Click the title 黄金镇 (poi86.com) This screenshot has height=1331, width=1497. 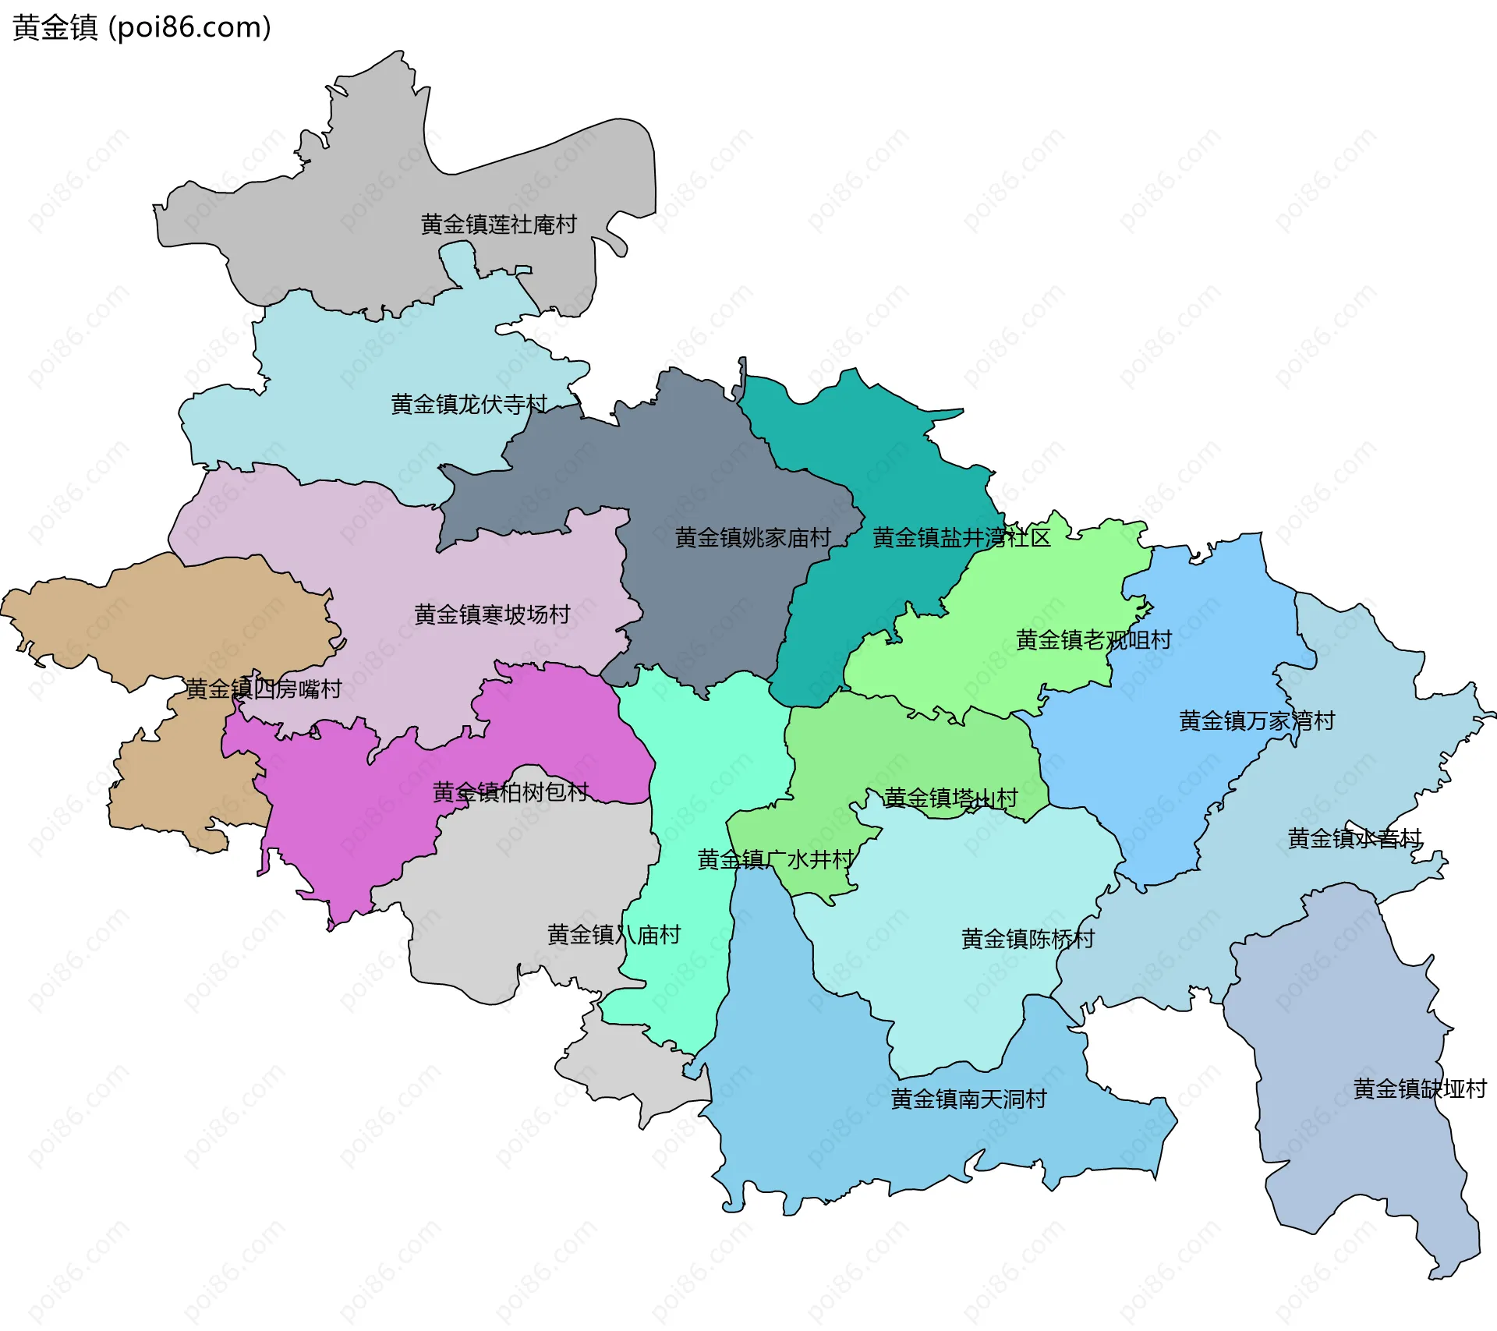pyautogui.click(x=142, y=27)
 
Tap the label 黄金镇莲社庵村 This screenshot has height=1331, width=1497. pyautogui.click(x=498, y=225)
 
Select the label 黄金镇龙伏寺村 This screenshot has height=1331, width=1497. pyautogui.click(x=469, y=404)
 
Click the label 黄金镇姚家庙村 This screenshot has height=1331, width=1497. pyautogui.click(x=752, y=537)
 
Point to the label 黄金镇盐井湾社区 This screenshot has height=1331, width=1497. pyautogui.click(x=961, y=537)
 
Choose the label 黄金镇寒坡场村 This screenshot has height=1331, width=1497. pyautogui.click(x=492, y=614)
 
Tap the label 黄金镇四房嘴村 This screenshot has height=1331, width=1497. pyautogui.click(x=264, y=689)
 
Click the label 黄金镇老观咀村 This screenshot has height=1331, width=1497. pyautogui.click(x=1093, y=639)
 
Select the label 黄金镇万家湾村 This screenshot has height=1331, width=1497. pyautogui.click(x=1256, y=720)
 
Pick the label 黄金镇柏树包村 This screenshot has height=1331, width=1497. pyautogui.click(x=511, y=791)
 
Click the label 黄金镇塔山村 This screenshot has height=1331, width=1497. pyautogui.click(x=950, y=798)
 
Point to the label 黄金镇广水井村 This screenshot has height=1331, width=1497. pyautogui.click(x=776, y=859)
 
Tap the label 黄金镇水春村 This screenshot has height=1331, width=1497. pyautogui.click(x=1354, y=838)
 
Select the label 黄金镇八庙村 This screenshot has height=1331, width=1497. pyautogui.click(x=614, y=934)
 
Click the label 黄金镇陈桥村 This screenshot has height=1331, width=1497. pyautogui.click(x=1028, y=939)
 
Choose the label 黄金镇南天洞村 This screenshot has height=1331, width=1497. pyautogui.click(x=968, y=1099)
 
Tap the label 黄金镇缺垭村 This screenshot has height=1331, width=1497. pyautogui.click(x=1420, y=1089)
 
